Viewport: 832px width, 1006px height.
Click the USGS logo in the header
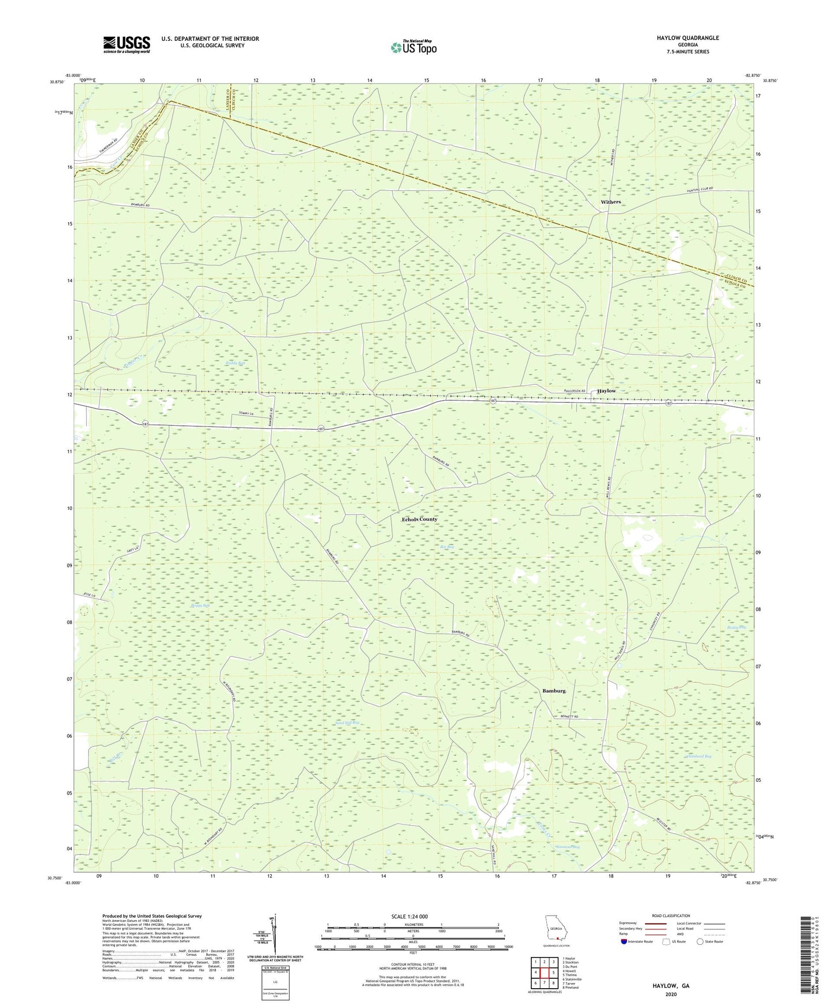click(127, 44)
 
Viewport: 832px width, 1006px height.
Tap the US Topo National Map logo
click(413, 47)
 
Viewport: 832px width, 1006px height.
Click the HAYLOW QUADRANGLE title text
click(687, 38)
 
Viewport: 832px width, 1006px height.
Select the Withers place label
click(610, 202)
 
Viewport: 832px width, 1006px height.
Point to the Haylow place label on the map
click(606, 391)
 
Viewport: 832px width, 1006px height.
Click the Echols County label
click(419, 519)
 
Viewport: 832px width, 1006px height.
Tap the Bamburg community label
click(554, 690)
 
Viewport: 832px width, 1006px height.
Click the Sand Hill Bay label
click(347, 723)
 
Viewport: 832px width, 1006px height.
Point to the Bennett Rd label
click(569, 717)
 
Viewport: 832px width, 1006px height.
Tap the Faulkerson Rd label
click(574, 391)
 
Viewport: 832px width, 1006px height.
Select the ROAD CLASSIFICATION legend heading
click(671, 916)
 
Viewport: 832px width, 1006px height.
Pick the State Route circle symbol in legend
click(700, 941)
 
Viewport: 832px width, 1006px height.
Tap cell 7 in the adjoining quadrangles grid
click(544, 983)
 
